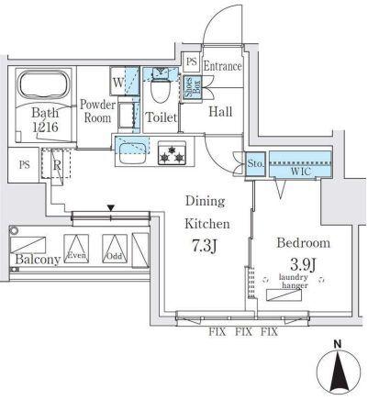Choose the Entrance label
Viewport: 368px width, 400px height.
click(x=222, y=66)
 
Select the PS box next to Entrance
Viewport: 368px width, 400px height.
click(x=191, y=62)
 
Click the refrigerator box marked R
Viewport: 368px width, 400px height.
click(x=57, y=167)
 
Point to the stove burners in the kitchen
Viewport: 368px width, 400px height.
click(x=170, y=153)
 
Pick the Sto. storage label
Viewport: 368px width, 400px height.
click(x=254, y=164)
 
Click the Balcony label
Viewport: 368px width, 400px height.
click(x=36, y=259)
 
